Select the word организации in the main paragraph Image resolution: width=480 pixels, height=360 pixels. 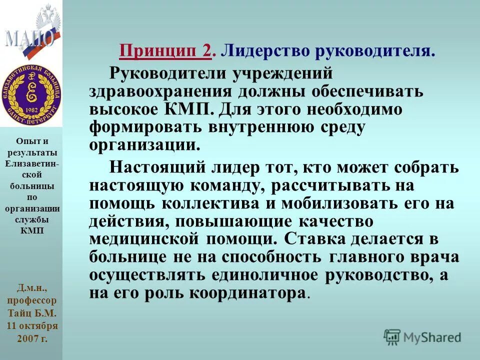[140, 145]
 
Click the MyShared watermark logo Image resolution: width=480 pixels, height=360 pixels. [422, 337]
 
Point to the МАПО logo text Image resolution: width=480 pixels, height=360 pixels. [30, 37]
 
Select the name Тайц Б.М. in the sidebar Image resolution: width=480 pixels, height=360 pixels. [32, 313]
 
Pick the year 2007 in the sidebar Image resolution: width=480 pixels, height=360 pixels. [26, 338]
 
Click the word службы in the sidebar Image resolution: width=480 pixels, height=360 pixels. [32, 219]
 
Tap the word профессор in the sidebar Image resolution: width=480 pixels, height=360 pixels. [32, 301]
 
